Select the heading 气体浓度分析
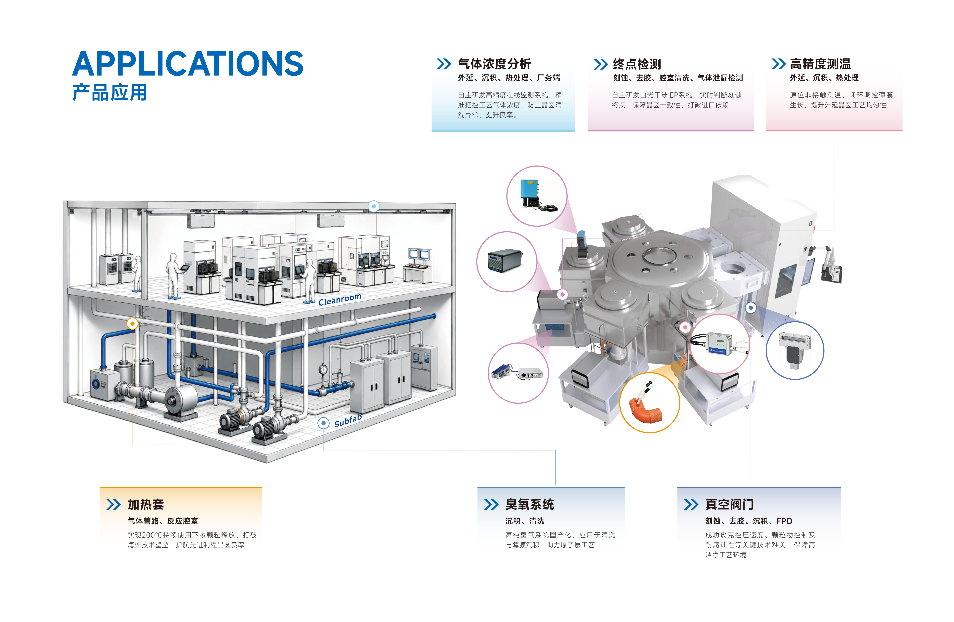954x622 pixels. click(494, 64)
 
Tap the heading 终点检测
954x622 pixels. click(637, 64)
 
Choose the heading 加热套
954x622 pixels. click(146, 504)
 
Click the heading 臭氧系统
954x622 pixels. click(529, 504)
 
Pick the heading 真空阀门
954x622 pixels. click(729, 504)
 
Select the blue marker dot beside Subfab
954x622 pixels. click(324, 423)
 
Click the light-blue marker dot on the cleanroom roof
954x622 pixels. click(374, 206)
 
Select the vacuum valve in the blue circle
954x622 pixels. click(794, 351)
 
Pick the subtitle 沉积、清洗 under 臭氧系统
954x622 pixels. click(525, 521)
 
